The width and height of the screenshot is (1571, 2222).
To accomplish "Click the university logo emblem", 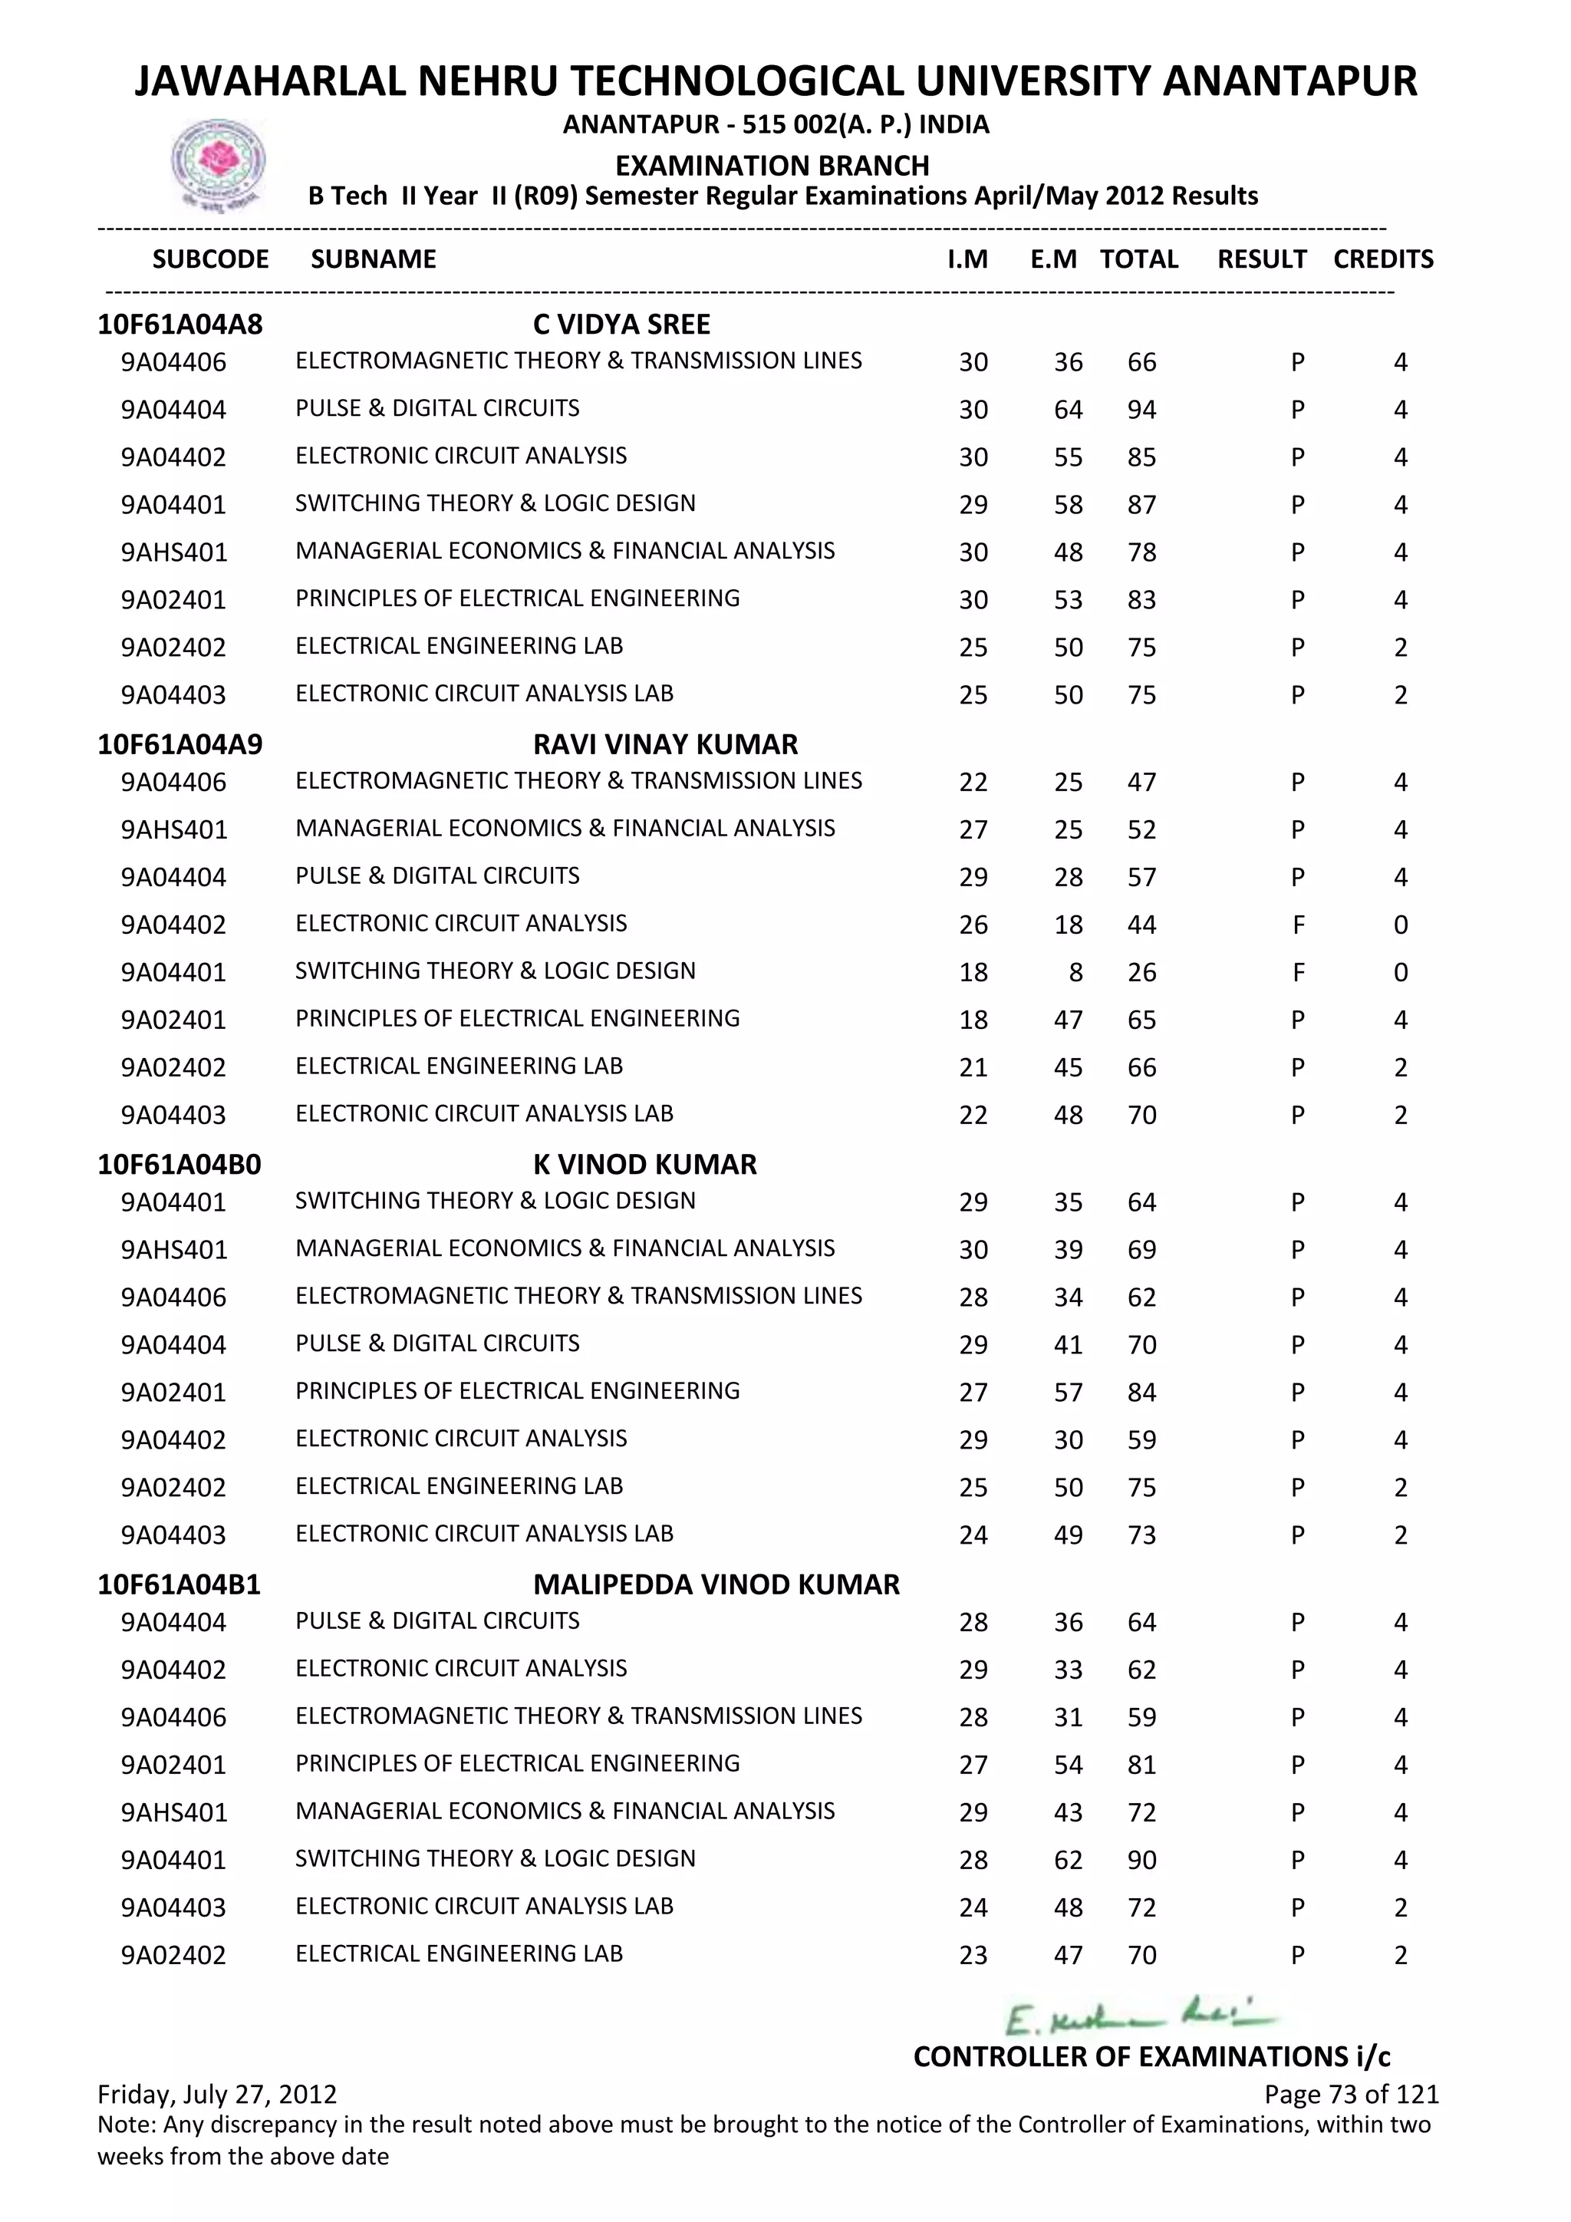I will point(219,163).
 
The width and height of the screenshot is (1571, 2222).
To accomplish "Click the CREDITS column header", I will point(1382,259).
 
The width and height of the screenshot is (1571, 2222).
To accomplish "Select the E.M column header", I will point(1053,259).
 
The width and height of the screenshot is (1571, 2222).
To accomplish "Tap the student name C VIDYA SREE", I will point(621,325).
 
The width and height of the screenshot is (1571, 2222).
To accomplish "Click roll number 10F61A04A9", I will point(180,744).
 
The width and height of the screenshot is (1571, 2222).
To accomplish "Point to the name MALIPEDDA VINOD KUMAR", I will point(716,1584).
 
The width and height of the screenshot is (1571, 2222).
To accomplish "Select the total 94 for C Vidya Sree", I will point(1141,410).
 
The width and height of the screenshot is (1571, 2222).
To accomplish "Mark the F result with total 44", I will point(1298,925).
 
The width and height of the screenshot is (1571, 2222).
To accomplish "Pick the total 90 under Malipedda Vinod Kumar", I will point(1141,1860).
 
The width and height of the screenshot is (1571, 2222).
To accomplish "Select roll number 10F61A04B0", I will point(180,1164).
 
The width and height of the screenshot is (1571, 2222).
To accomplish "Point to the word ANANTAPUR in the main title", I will point(1289,81).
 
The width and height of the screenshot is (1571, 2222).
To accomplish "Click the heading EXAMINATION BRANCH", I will point(772,166).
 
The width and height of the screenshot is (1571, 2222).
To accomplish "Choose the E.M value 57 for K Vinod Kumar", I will point(1068,1393).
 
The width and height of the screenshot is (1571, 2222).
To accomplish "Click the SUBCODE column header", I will point(211,259).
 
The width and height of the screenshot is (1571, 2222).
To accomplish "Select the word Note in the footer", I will point(127,2125).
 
